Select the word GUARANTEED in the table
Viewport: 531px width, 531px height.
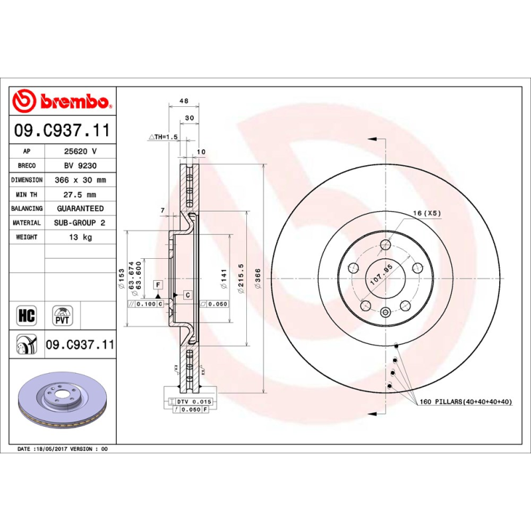pyautogui.click(x=80, y=208)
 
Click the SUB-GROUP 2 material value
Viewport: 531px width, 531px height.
pyautogui.click(x=80, y=223)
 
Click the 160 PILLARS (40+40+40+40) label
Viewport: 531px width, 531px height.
pyautogui.click(x=465, y=402)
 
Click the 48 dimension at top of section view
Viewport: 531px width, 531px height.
pyautogui.click(x=185, y=102)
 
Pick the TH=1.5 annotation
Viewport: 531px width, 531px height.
pyautogui.click(x=164, y=136)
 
